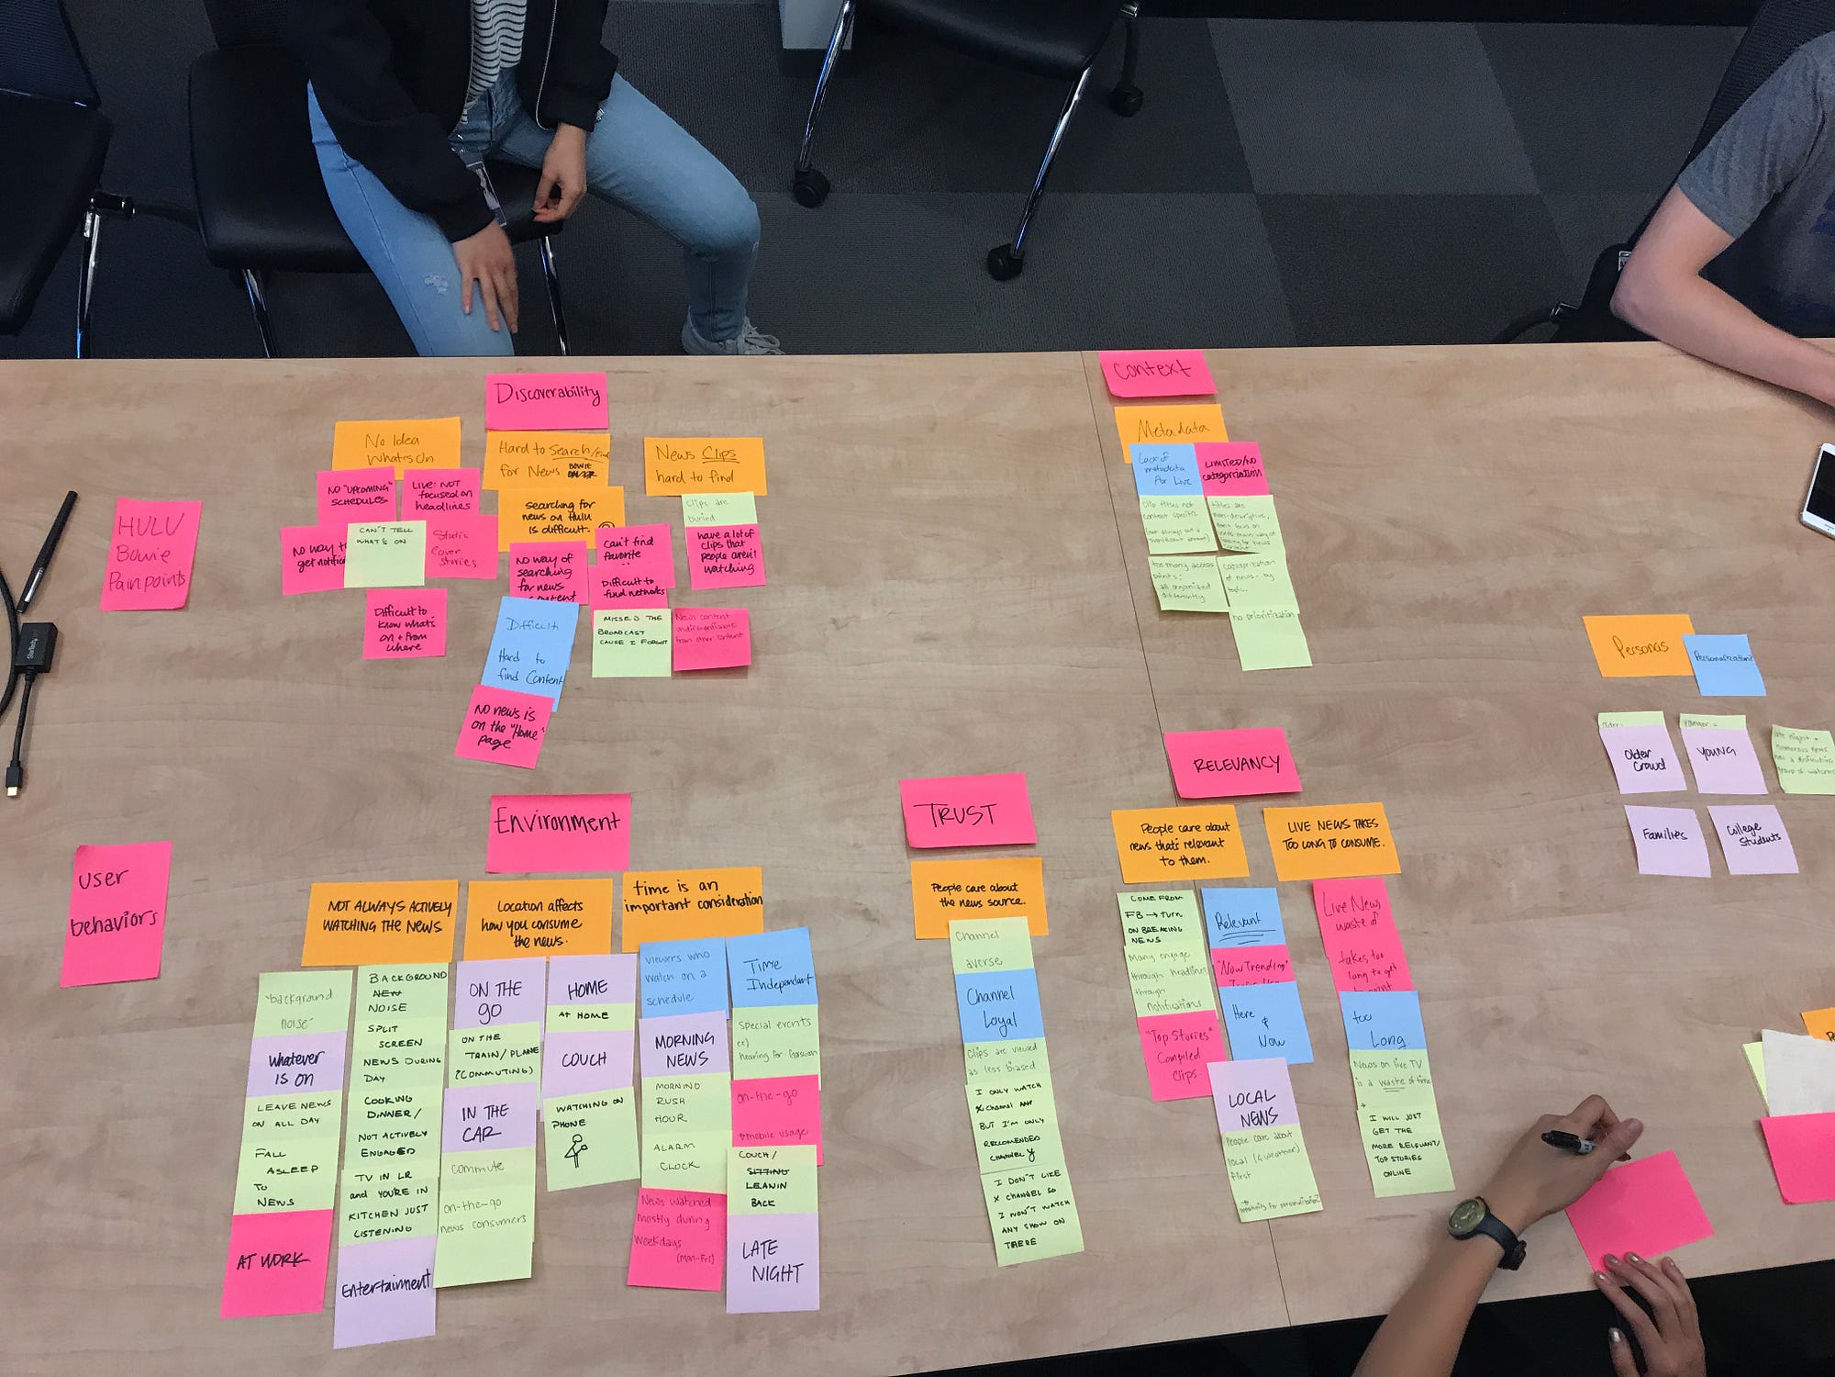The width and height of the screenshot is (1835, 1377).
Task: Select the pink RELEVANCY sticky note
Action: click(1233, 762)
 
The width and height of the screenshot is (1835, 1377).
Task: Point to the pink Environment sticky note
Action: click(558, 830)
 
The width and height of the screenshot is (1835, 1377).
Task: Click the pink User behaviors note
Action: click(117, 912)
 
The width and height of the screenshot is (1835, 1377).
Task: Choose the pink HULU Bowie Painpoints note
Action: click(150, 554)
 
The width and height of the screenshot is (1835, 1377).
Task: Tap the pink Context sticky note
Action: click(1155, 373)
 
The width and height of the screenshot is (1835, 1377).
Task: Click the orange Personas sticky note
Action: click(1639, 645)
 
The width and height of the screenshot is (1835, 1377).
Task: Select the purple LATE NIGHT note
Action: click(773, 1261)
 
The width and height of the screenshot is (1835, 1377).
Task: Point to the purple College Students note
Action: click(1753, 837)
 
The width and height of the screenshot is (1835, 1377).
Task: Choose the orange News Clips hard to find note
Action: click(704, 465)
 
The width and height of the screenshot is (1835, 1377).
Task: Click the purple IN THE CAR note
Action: click(489, 1120)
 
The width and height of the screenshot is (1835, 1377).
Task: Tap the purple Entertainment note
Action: click(384, 1289)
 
